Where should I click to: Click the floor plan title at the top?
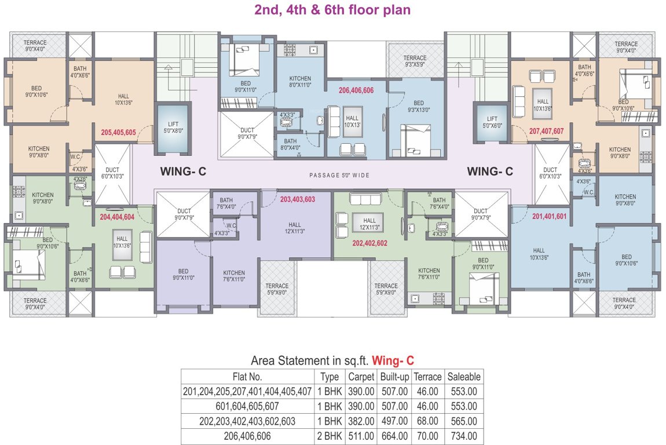click(332, 10)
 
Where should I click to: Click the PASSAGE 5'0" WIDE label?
click(339, 175)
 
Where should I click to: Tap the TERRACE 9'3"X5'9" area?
click(415, 61)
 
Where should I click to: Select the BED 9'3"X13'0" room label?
click(419, 107)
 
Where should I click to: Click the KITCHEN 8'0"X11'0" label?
click(300, 82)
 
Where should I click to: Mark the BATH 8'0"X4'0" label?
click(290, 144)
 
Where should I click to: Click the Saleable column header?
click(463, 377)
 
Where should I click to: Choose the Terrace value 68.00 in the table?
click(427, 421)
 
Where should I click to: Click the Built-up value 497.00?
click(394, 421)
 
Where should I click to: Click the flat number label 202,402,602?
click(371, 243)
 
